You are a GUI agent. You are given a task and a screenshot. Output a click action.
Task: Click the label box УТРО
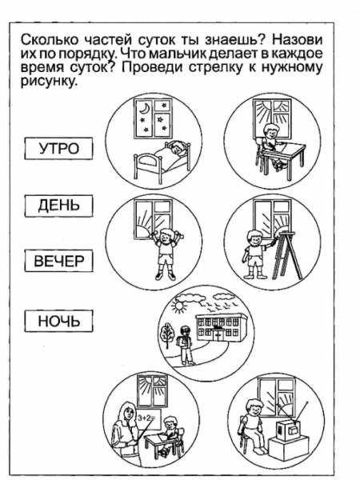pyautogui.click(x=59, y=148)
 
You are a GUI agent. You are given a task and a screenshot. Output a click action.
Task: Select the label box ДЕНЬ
pyautogui.click(x=59, y=206)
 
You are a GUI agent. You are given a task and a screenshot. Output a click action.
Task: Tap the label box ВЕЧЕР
pyautogui.click(x=59, y=262)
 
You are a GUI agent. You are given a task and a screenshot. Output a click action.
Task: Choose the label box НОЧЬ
pyautogui.click(x=59, y=322)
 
